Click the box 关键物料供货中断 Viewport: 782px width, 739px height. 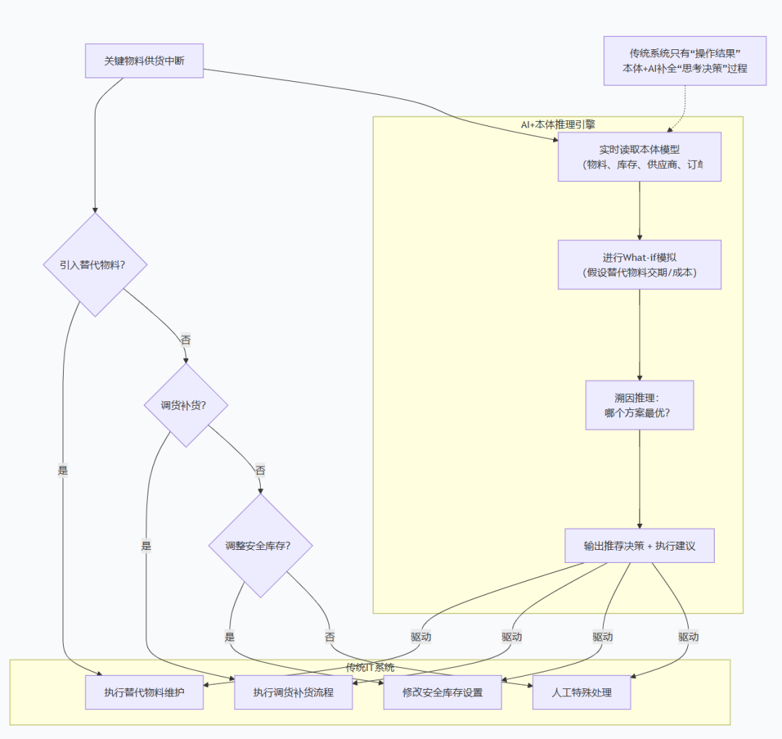pyautogui.click(x=144, y=61)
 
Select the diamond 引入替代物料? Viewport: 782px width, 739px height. pyautogui.click(x=96, y=264)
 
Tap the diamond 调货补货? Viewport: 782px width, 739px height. pyautogui.click(x=186, y=405)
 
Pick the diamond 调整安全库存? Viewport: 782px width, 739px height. pyautogui.click(x=261, y=546)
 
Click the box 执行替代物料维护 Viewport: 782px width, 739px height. pyautogui.click(x=144, y=692)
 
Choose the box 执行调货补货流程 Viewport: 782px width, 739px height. pyautogui.click(x=293, y=692)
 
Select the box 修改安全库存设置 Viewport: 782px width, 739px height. pyautogui.click(x=442, y=692)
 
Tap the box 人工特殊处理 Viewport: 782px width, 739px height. pyautogui.click(x=581, y=692)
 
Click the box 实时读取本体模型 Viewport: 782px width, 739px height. pyautogui.click(x=639, y=156)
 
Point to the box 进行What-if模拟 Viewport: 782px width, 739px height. pyautogui.click(x=639, y=264)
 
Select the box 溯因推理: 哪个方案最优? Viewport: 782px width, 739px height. pyautogui.click(x=639, y=405)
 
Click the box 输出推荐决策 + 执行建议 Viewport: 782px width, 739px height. pyautogui.click(x=639, y=546)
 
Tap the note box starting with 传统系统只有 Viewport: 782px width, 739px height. pyautogui.click(x=685, y=61)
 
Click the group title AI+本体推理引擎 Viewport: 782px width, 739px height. pyautogui.click(x=558, y=124)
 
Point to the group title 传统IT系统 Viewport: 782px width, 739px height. pyautogui.click(x=370, y=667)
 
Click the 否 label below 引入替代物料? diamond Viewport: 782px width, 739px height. pyautogui.click(x=185, y=340)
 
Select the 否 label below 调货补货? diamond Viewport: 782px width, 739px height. pyautogui.click(x=260, y=470)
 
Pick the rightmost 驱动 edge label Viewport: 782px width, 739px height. pyautogui.click(x=689, y=637)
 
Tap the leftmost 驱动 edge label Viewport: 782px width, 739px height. pyautogui.click(x=421, y=637)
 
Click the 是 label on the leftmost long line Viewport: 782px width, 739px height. pyautogui.click(x=62, y=470)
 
